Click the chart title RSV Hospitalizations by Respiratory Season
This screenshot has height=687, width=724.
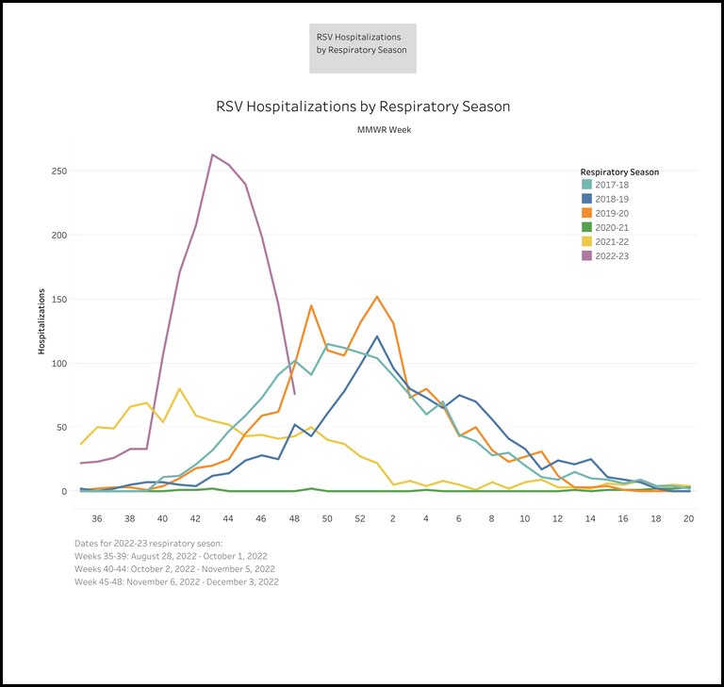pos(363,106)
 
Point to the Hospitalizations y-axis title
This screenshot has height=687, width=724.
pos(42,321)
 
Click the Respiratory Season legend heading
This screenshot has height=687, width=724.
pos(619,172)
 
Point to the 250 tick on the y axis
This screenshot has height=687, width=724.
pos(58,172)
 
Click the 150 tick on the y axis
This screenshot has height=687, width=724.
pos(58,300)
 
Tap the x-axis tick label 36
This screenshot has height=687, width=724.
pos(97,518)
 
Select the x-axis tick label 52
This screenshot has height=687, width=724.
pos(360,518)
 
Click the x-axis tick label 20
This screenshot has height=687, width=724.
pos(689,518)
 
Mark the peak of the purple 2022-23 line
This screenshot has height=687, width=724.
pos(213,155)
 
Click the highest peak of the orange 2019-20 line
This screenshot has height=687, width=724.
pos(377,297)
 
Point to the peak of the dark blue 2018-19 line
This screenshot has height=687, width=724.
pos(377,336)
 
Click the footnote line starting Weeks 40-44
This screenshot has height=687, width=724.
pos(174,569)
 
